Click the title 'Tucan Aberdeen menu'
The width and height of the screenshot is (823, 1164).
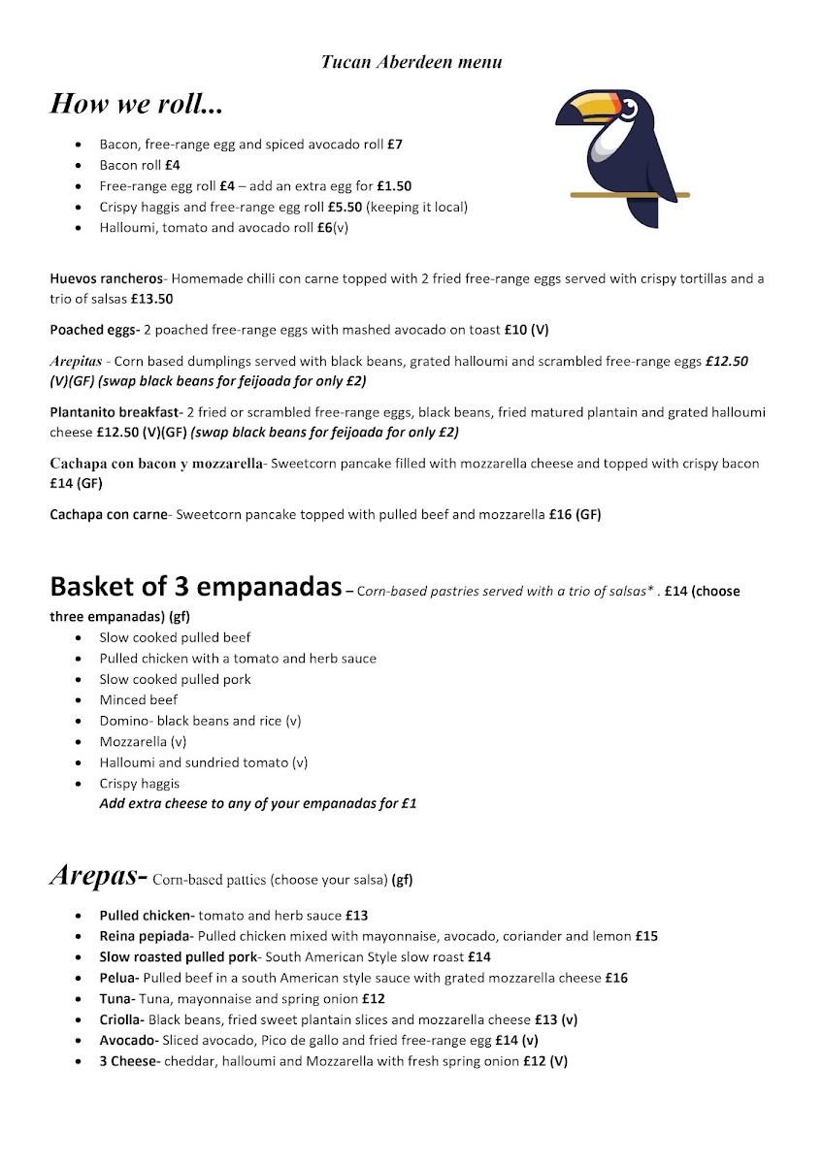(x=411, y=62)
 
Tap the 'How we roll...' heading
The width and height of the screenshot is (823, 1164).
(x=136, y=104)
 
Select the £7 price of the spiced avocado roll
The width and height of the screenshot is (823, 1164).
(x=395, y=145)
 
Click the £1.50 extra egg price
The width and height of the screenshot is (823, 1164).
(x=394, y=186)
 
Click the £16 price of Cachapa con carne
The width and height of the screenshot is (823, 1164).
(x=560, y=515)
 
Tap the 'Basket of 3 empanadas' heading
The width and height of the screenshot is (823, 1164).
(x=195, y=587)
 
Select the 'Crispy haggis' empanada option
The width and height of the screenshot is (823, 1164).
(x=139, y=784)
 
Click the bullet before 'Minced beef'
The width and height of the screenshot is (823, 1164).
(x=79, y=700)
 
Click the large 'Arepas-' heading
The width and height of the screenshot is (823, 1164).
(x=97, y=876)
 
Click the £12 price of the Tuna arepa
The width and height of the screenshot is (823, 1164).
(x=374, y=999)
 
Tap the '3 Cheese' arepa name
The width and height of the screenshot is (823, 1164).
(x=127, y=1061)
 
